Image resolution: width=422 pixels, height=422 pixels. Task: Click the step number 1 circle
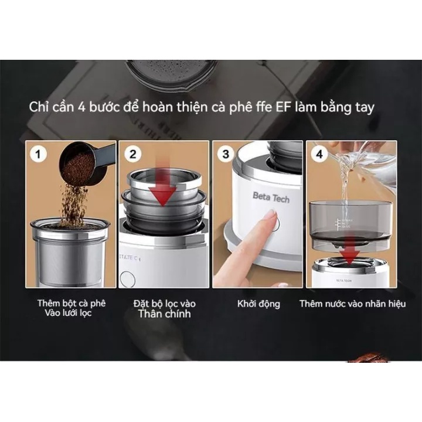pyautogui.click(x=38, y=155)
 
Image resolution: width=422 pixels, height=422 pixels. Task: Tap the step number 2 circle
pyautogui.click(x=132, y=155)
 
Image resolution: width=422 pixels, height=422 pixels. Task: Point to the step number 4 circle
pyautogui.click(x=319, y=155)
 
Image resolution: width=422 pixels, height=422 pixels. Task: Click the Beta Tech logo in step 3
pyautogui.click(x=271, y=197)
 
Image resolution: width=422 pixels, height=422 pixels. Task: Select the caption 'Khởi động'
pyautogui.click(x=258, y=304)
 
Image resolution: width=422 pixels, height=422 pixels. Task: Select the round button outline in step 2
pyautogui.click(x=127, y=280)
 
